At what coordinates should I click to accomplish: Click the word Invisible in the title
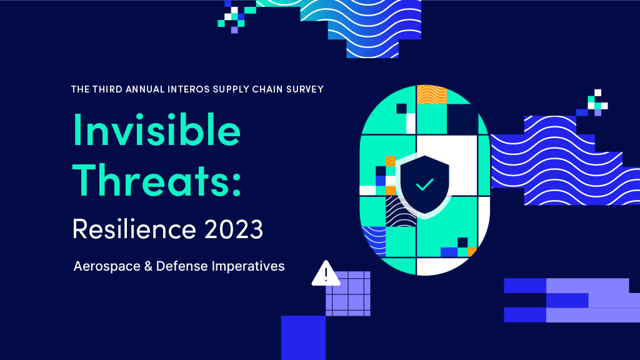pos(157,129)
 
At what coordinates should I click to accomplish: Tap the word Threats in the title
pos(151,179)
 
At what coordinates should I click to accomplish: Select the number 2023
pos(234,229)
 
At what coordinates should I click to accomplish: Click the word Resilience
pos(134,229)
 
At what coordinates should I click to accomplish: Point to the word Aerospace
pos(107,266)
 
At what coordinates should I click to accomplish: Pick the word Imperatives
pos(248,266)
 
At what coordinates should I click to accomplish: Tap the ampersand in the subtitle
pos(148,266)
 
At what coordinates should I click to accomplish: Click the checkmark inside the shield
pos(424,184)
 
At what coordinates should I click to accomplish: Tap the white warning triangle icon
pos(326,274)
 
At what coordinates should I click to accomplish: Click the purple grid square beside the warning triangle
pos(348,294)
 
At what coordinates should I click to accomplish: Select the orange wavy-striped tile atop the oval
pos(432,94)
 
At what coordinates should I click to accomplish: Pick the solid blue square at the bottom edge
pos(303,337)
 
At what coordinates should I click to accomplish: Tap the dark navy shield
pos(424,184)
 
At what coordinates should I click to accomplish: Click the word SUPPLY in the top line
pos(231,89)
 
